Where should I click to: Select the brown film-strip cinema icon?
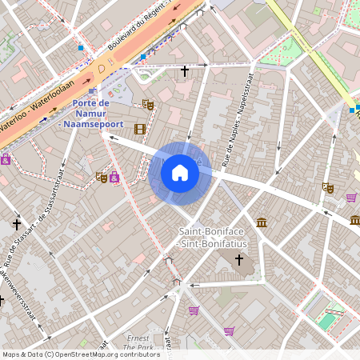pos(140,129)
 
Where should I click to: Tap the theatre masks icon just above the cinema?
pos(147,104)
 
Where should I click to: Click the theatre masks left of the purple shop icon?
pos(102,177)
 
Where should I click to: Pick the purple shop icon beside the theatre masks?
pos(115,177)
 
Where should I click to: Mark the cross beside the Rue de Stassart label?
pos(17,225)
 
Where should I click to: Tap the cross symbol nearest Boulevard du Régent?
pos(185,71)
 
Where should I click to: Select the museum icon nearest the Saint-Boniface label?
pos(262,222)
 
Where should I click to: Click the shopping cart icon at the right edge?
pos(351,197)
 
